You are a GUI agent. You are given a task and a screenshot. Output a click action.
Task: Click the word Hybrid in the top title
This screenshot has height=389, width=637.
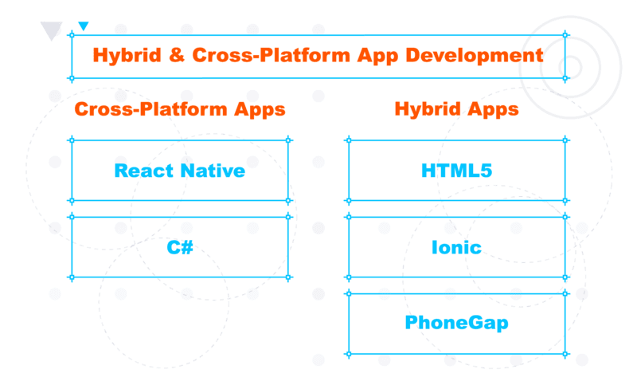127,56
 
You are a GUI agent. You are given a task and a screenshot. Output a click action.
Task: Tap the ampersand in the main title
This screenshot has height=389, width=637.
177,55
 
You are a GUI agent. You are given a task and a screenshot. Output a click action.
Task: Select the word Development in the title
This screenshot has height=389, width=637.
474,56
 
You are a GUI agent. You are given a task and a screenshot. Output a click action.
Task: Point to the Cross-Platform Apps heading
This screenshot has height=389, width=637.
180,109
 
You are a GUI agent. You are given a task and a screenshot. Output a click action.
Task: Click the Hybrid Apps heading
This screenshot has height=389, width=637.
456,109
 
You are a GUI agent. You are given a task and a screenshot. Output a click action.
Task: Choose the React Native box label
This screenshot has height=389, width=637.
180,171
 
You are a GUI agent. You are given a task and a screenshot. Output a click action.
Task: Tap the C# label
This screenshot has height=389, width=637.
180,247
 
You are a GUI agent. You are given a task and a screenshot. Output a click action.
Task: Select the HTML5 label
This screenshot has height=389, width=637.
456,171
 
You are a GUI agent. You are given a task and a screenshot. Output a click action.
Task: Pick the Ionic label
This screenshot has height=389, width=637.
456,247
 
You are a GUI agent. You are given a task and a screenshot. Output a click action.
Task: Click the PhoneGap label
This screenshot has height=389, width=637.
456,323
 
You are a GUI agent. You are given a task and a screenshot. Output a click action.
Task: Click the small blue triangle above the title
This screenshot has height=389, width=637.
84,26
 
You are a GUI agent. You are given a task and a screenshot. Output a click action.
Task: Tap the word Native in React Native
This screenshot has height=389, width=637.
213,171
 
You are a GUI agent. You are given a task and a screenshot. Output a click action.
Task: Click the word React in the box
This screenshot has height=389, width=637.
144,171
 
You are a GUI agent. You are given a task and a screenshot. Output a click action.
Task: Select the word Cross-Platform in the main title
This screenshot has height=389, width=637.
271,56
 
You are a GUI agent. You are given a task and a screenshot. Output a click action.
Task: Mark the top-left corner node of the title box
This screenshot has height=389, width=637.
72,35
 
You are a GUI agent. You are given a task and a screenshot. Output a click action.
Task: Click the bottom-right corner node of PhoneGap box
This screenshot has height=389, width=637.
565,354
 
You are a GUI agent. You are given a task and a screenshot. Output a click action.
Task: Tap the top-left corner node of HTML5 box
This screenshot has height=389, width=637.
348,140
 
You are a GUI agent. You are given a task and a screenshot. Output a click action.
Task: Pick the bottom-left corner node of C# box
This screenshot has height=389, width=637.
72,277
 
